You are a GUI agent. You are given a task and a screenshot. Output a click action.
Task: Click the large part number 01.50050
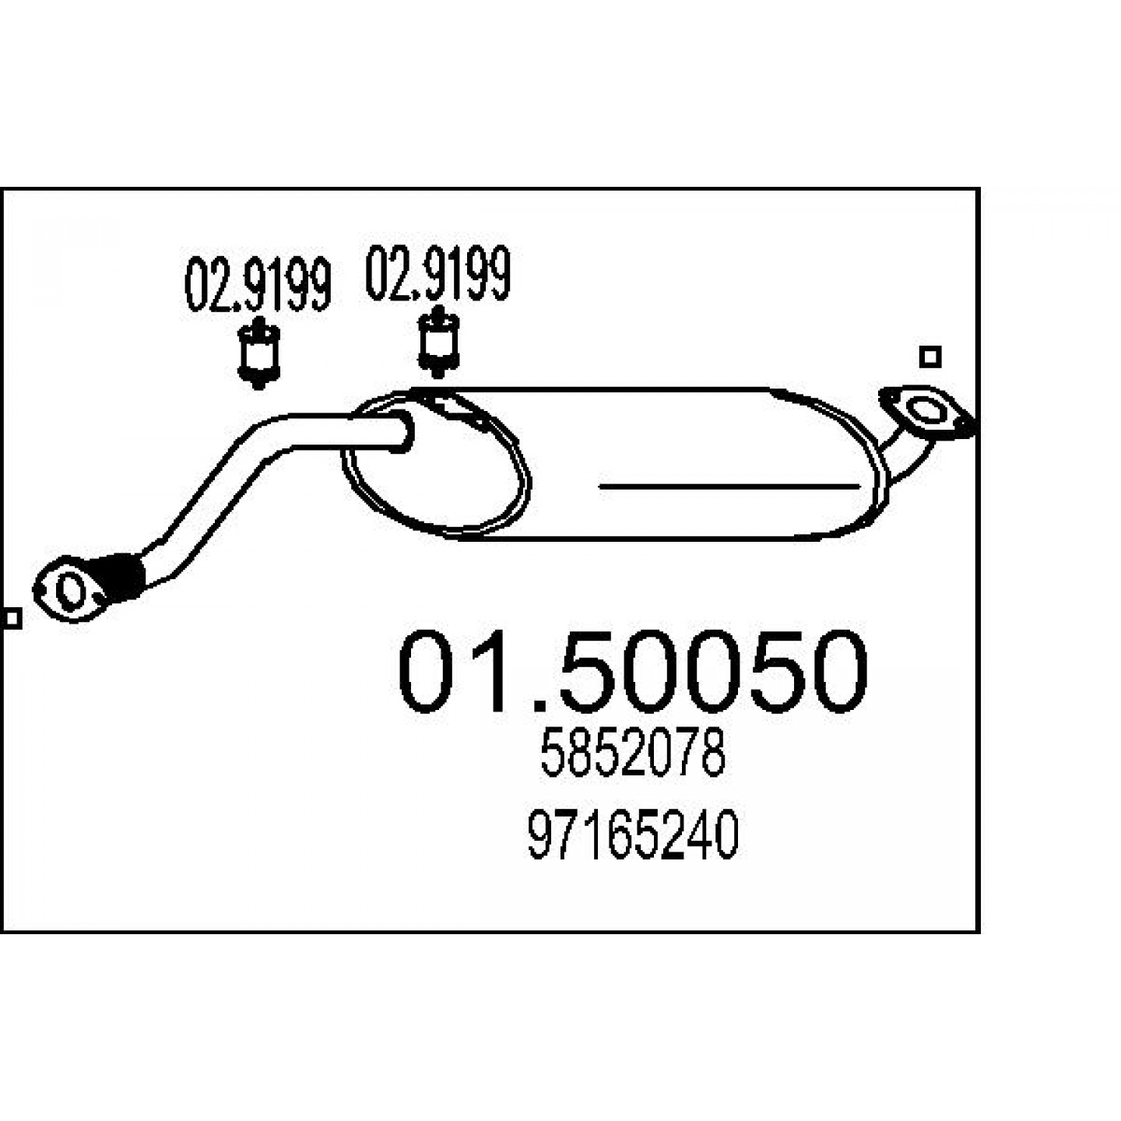coord(632,671)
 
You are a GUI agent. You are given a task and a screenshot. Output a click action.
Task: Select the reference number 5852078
coord(632,754)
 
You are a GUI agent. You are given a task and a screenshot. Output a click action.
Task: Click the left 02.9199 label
coord(258,285)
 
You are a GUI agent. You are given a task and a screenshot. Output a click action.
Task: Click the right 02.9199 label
coord(438,273)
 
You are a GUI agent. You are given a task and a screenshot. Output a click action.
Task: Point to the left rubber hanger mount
coord(259,353)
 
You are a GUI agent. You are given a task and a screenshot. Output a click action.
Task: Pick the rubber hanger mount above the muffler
coord(438,342)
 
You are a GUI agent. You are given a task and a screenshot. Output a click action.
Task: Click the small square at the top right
coord(930,357)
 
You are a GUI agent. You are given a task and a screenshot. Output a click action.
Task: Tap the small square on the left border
coord(11,618)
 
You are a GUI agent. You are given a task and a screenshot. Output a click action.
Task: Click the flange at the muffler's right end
coord(926,411)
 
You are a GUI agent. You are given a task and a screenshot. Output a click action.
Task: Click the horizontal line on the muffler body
coord(729,486)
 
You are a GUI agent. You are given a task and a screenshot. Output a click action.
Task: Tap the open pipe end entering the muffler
coord(402,430)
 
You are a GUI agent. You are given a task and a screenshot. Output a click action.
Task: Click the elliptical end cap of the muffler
coord(435,462)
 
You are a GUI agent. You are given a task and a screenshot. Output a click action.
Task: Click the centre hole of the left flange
coord(72,592)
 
